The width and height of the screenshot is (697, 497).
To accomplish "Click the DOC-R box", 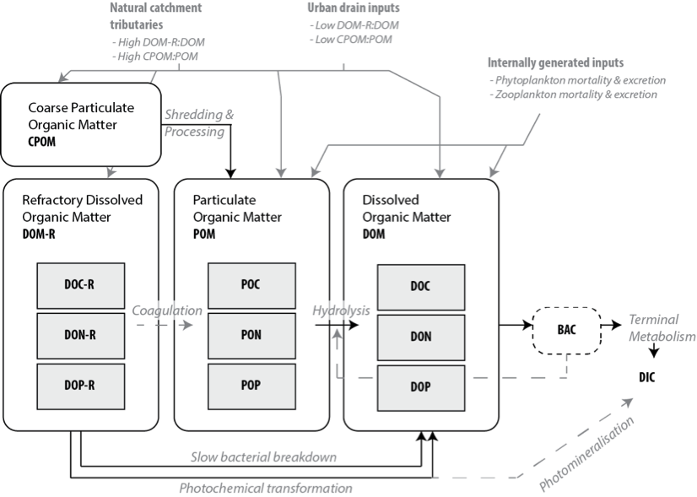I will tap(79, 285).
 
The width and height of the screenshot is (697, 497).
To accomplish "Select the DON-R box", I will tap(79, 335).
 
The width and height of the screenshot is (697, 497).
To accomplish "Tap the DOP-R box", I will tap(79, 385).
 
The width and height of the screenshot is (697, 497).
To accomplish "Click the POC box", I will tap(251, 285).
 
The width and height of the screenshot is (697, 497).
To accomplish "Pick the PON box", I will tap(251, 335).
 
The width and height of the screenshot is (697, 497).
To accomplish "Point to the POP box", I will tap(251, 385).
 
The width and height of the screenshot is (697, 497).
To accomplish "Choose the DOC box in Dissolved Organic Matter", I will tap(420, 287).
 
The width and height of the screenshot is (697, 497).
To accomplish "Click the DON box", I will tap(420, 337).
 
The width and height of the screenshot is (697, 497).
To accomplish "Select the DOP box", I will tap(420, 386).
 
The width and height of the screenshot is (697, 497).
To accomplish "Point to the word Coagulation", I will tap(167, 311).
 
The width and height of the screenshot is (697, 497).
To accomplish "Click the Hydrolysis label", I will tap(341, 311).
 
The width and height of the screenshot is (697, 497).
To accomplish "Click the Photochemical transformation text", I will tap(265, 488).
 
